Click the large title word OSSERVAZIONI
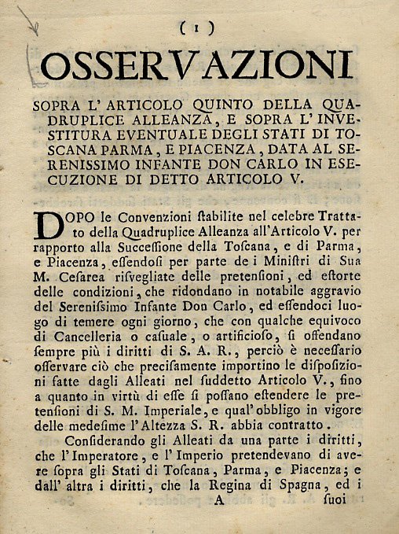click(196, 65)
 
